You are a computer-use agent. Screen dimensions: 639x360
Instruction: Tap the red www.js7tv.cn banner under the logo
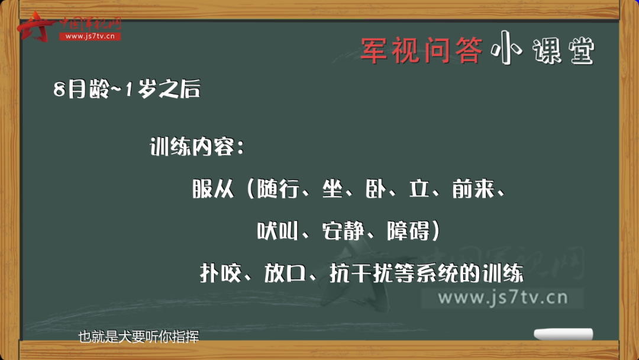[x=90, y=36]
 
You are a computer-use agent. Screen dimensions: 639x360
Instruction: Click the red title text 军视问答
[x=422, y=50]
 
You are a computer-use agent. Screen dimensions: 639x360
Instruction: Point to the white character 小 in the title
[x=506, y=48]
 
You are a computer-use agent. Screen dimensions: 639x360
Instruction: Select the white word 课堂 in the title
[x=564, y=51]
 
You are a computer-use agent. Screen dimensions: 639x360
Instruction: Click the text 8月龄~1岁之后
[x=127, y=88]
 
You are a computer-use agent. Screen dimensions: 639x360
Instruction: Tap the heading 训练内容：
[x=197, y=146]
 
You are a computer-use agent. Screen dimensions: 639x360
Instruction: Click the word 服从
[x=213, y=188]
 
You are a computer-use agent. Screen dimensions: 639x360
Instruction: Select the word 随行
[x=278, y=188]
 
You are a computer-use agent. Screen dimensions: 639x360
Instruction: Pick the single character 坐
[x=333, y=188]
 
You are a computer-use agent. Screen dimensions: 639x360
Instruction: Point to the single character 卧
[x=376, y=188]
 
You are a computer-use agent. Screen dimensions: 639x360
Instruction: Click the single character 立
[x=419, y=188]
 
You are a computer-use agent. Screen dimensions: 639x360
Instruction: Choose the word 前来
[x=473, y=188]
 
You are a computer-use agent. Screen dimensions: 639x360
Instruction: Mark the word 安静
[x=343, y=231]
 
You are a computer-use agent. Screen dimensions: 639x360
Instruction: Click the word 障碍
[x=408, y=231]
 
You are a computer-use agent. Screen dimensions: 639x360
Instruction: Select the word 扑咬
[x=221, y=273]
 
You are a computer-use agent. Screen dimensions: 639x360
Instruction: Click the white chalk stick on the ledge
[x=564, y=334]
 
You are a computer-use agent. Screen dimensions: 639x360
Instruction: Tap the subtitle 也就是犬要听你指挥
[x=138, y=337]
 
